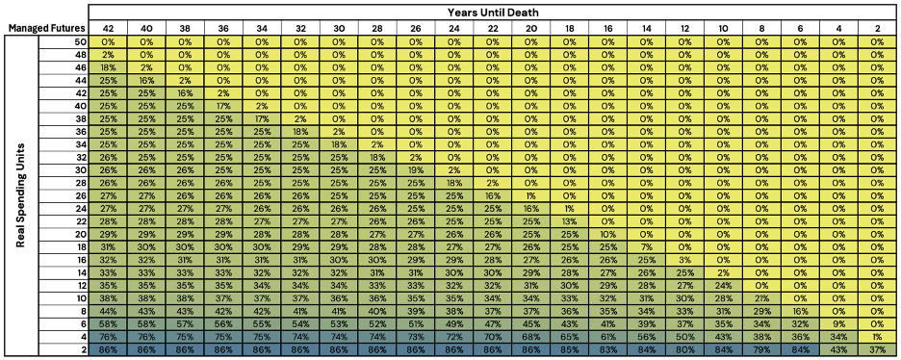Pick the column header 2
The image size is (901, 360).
(876, 29)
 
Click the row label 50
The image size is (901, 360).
(81, 42)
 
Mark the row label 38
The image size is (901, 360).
(81, 118)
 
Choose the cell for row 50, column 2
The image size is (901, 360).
(876, 42)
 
